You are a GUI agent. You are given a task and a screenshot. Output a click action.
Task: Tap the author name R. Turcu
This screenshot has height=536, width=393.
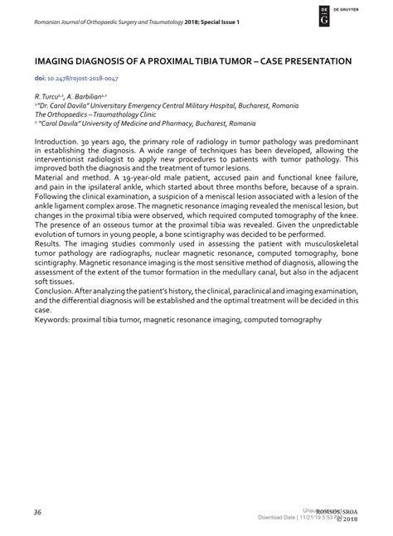[48, 97]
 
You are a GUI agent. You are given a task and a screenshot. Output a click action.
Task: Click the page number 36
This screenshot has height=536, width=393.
[38, 512]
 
